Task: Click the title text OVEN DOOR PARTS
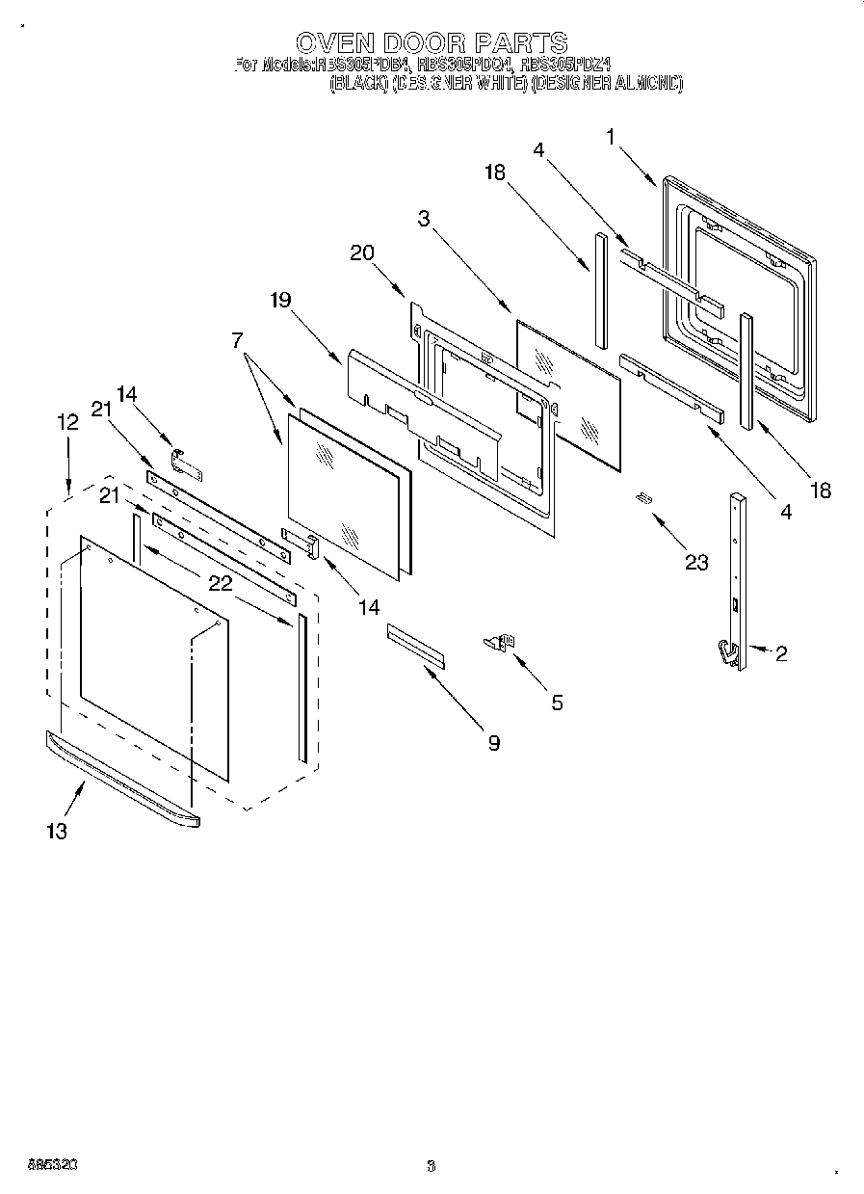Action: click(431, 43)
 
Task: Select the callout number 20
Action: click(362, 253)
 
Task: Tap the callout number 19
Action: click(279, 300)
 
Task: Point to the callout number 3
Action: click(424, 219)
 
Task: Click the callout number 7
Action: click(237, 339)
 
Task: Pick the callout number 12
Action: click(67, 421)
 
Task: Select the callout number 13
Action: click(58, 831)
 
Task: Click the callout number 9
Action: click(493, 743)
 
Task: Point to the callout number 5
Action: click(558, 703)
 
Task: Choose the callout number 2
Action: click(781, 654)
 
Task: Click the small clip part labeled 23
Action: click(643, 497)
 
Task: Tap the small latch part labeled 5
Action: click(500, 641)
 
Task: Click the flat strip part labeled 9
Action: click(416, 644)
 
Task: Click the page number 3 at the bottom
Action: click(432, 1165)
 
